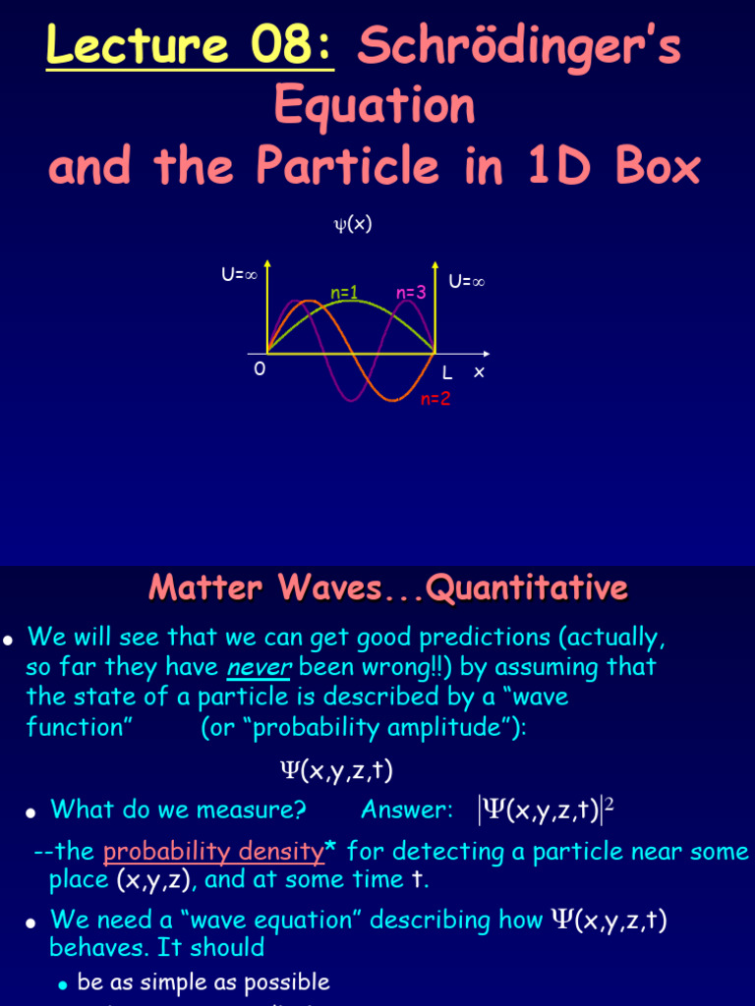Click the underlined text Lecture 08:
190,47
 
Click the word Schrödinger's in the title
519,47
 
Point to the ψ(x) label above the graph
353,224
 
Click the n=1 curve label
343,292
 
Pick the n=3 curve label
410,293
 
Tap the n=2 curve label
436,399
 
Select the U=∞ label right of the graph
467,282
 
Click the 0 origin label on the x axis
260,369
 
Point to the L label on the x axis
447,373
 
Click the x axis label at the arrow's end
479,371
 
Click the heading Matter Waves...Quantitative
388,588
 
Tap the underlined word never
255,667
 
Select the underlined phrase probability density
212,851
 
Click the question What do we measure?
179,810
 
